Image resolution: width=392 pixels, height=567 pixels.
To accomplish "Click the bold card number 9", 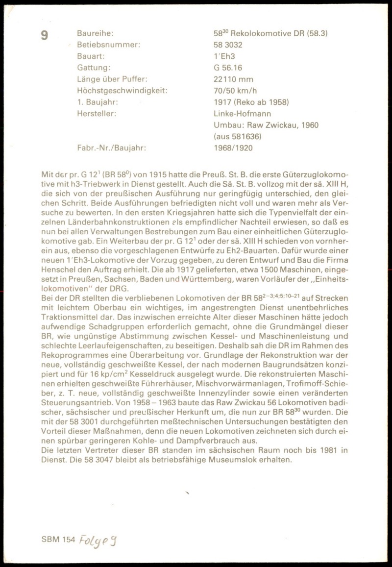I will tap(45, 36).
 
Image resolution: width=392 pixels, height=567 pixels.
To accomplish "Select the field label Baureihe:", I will tap(96, 33).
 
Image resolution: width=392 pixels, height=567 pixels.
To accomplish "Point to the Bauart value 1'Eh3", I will tap(224, 56).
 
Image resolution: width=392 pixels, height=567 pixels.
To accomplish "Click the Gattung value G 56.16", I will tap(228, 68).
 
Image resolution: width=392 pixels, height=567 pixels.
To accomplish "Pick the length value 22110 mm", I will tap(233, 79).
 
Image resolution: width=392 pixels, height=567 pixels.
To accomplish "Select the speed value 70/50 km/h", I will tap(235, 91).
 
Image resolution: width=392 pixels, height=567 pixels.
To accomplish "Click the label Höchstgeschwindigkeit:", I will tap(122, 91).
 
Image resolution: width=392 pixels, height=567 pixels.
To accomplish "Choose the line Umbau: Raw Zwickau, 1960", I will tap(266, 125).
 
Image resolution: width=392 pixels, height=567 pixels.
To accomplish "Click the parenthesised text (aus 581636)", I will tap(238, 136).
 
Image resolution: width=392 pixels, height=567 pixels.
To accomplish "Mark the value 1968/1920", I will tap(233, 148).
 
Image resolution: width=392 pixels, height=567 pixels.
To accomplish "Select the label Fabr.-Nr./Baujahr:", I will tap(112, 148).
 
